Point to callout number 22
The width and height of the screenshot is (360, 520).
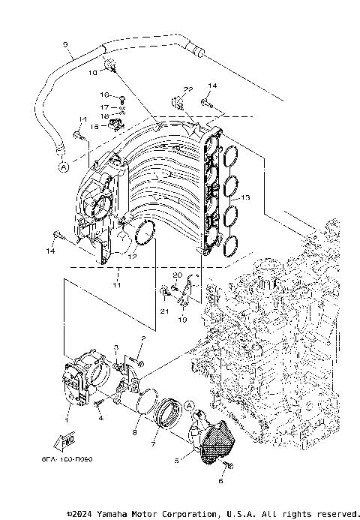tap(188, 89)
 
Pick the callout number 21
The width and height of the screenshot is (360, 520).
tap(163, 310)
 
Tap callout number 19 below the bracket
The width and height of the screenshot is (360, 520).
tap(182, 319)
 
